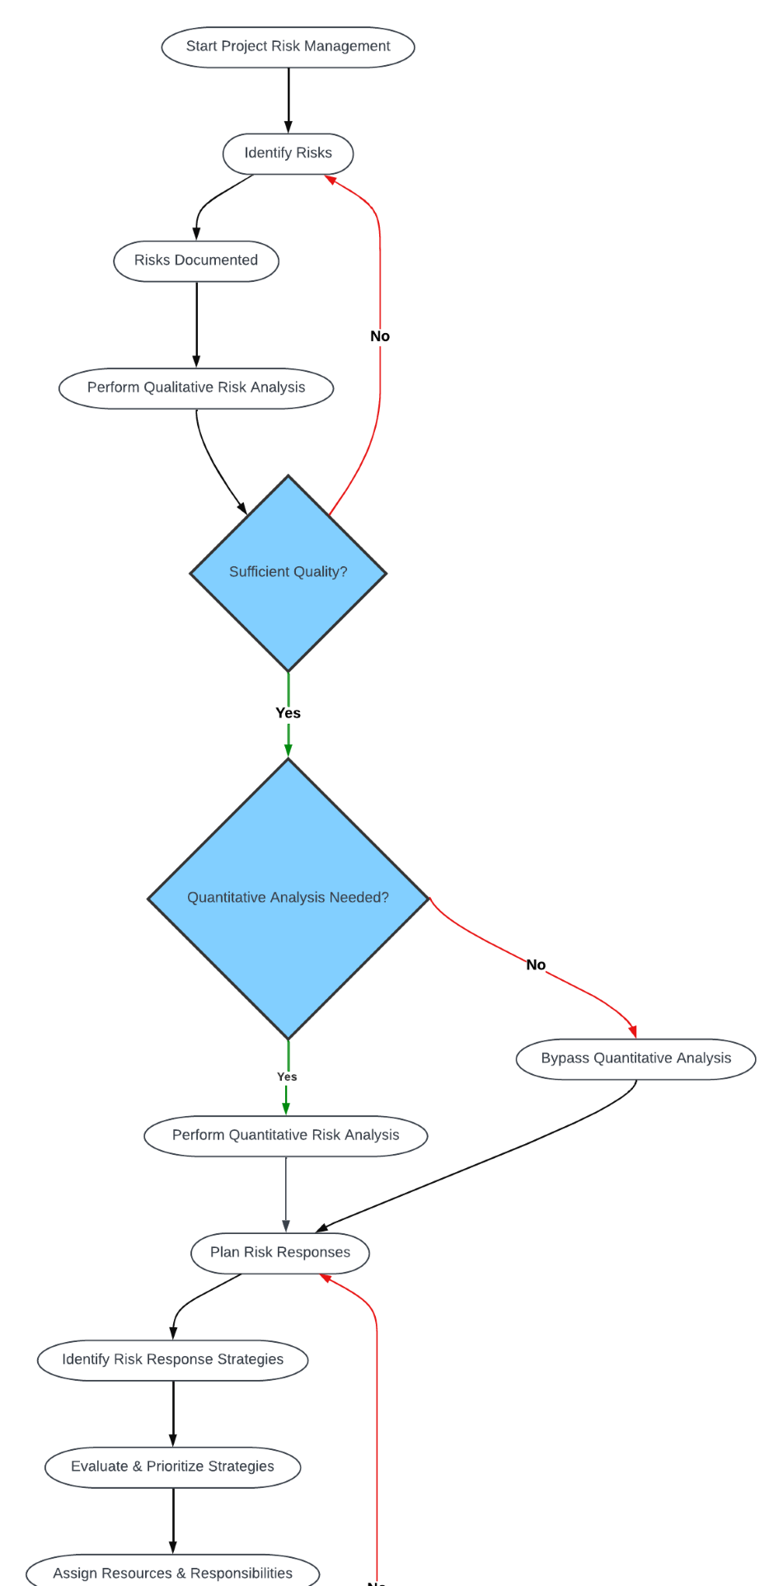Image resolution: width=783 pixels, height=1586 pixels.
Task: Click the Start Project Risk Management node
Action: click(x=288, y=47)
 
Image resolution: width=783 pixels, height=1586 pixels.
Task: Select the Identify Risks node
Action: click(x=288, y=153)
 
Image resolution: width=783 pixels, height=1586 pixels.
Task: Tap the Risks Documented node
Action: click(x=196, y=260)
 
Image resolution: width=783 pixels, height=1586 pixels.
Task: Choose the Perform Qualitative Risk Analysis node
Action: click(x=196, y=387)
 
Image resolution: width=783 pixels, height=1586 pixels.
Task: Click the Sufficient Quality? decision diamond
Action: click(x=288, y=572)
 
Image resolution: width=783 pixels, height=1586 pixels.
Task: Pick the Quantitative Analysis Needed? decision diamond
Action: click(x=288, y=898)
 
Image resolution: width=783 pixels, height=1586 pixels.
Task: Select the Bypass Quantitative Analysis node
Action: click(x=635, y=1058)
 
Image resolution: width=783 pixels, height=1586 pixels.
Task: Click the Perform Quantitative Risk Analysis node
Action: click(x=285, y=1136)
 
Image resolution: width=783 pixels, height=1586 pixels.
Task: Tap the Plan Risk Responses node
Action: click(x=279, y=1253)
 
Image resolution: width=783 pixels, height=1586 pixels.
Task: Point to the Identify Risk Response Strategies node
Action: click(x=172, y=1360)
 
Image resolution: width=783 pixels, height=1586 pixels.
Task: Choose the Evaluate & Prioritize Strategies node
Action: click(x=172, y=1467)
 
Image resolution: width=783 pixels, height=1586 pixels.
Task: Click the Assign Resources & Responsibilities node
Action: click(x=172, y=1572)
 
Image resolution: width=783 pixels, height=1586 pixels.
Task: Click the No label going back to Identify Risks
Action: click(x=380, y=336)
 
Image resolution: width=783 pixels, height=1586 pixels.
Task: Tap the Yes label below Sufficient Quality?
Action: click(x=288, y=713)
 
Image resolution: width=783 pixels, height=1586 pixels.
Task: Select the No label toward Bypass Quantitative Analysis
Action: click(x=536, y=964)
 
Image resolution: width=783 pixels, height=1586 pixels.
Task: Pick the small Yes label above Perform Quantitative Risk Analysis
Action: click(x=287, y=1077)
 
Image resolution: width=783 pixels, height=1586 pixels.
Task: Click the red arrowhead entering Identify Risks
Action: click(x=330, y=179)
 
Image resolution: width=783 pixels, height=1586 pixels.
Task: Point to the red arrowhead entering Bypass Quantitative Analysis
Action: click(x=632, y=1031)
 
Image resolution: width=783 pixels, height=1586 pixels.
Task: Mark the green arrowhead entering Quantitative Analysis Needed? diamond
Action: click(x=288, y=750)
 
